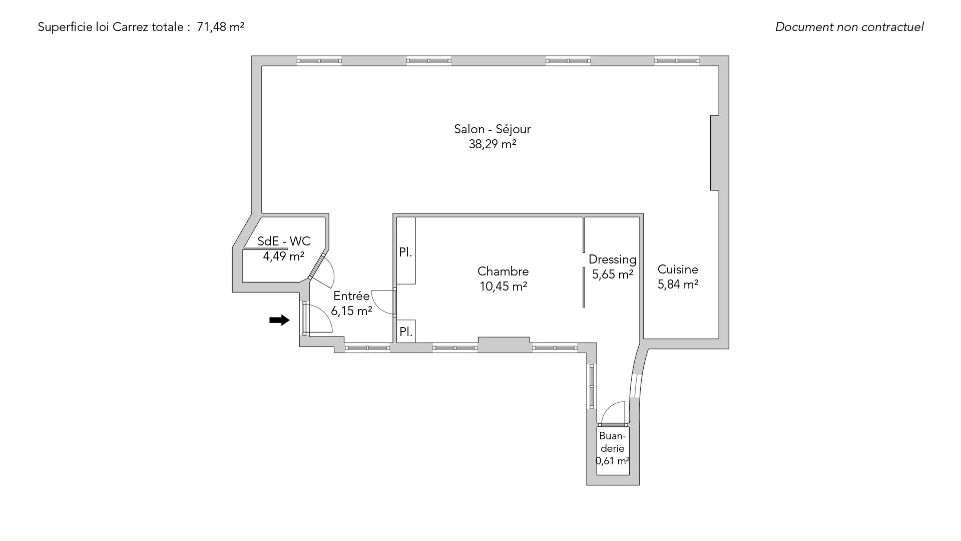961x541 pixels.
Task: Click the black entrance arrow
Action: click(279, 320)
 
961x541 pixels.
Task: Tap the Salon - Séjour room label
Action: click(493, 129)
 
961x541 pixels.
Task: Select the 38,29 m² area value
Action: click(493, 144)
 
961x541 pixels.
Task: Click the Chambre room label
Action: click(503, 271)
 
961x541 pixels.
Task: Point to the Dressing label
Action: click(613, 260)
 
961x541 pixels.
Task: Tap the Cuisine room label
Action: click(678, 269)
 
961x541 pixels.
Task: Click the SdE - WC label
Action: click(284, 241)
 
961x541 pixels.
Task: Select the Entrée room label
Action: click(351, 296)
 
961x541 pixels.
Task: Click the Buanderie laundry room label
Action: click(613, 442)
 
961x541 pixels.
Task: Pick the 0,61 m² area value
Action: click(613, 461)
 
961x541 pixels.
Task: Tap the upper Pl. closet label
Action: click(405, 252)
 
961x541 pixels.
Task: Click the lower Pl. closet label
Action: click(406, 332)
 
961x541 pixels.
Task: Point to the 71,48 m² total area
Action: click(221, 27)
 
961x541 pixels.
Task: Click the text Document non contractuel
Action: click(849, 27)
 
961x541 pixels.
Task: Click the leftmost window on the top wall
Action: click(319, 61)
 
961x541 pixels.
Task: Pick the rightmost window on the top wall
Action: click(677, 61)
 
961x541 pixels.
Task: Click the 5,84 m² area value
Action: click(678, 285)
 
